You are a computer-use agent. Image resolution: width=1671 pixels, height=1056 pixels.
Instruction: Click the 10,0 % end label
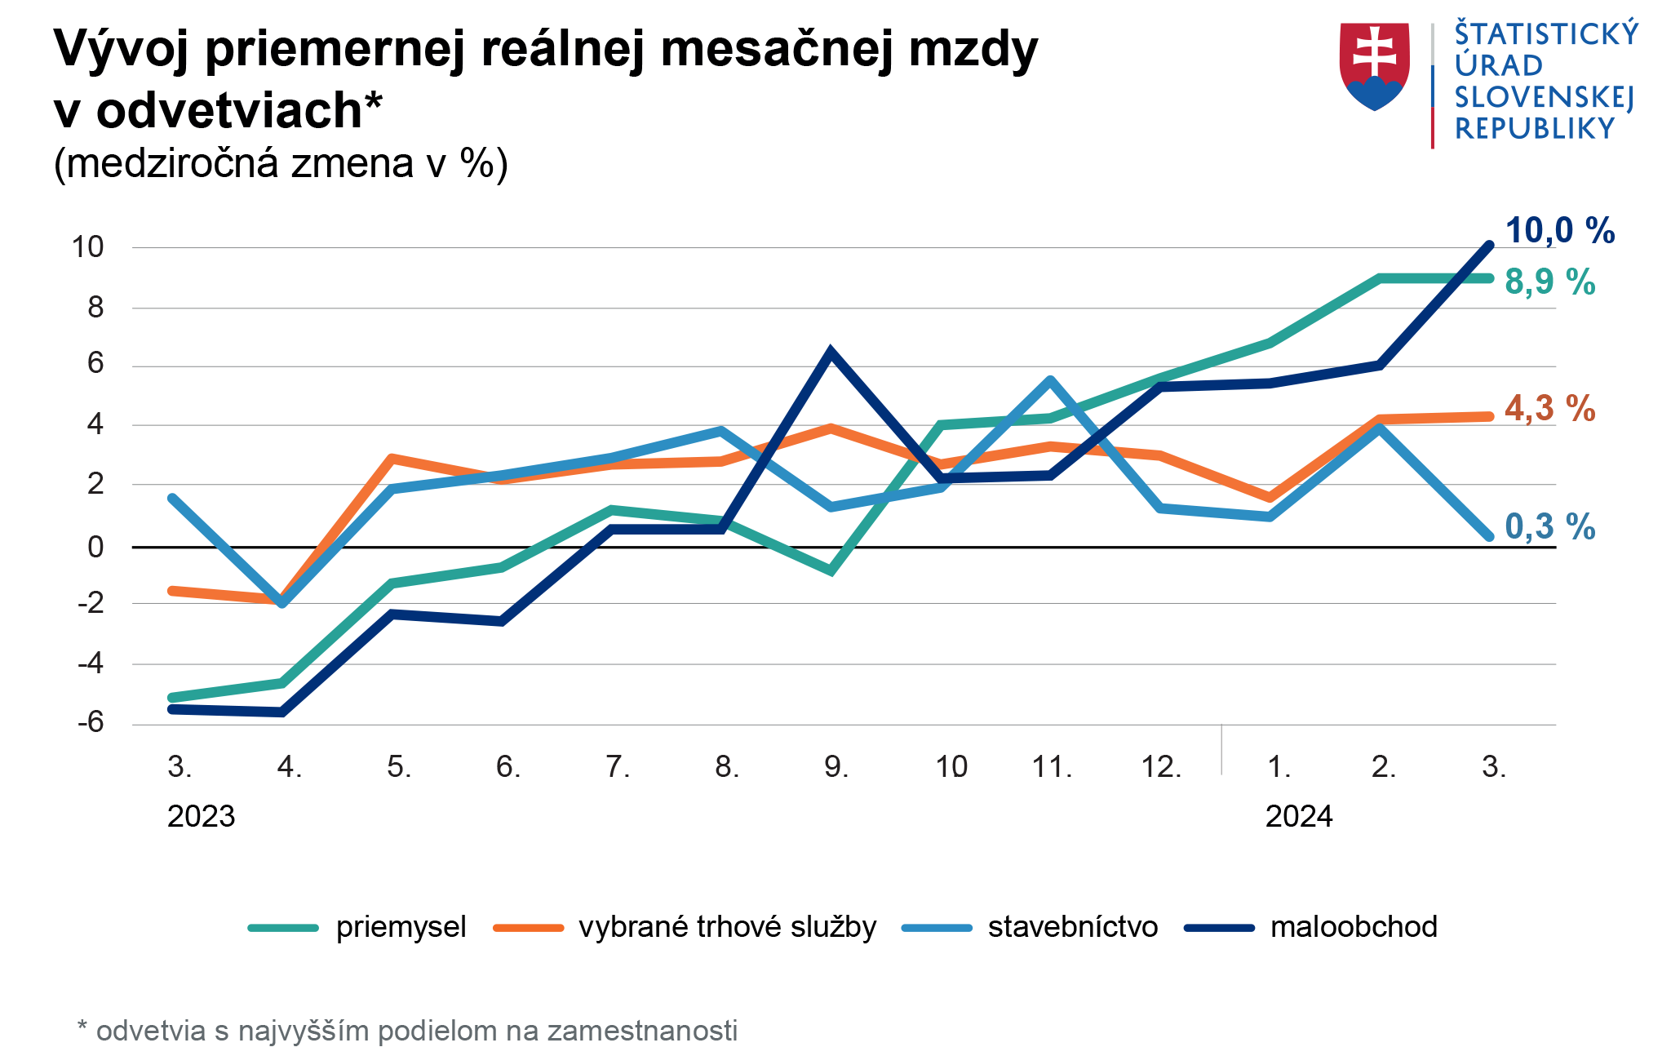(x=1559, y=231)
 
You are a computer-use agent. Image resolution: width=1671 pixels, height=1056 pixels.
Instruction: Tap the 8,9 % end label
(x=1549, y=282)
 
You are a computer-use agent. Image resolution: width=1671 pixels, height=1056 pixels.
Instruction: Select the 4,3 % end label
(x=1549, y=409)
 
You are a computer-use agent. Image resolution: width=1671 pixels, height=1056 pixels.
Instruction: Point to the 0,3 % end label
(x=1549, y=527)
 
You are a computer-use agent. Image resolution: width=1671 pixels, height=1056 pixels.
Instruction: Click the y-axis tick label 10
(x=88, y=247)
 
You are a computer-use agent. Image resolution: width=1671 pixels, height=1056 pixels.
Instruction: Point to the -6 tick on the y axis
(x=91, y=722)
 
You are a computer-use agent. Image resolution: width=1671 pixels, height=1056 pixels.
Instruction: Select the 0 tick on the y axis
(x=95, y=547)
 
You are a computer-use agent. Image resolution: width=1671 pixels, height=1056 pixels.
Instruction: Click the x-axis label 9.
(x=836, y=767)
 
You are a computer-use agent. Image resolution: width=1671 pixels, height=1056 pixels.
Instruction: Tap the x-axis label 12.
(x=1161, y=767)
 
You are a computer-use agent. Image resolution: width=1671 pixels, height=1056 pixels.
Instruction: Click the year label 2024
(x=1298, y=816)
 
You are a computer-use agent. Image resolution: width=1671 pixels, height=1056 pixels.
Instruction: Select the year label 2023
(x=201, y=816)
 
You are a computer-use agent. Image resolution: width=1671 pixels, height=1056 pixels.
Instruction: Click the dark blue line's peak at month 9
(x=831, y=352)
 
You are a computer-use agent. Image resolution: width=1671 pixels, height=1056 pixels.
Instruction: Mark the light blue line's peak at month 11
(x=1050, y=380)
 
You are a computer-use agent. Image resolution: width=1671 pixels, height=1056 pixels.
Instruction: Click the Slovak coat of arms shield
(x=1375, y=65)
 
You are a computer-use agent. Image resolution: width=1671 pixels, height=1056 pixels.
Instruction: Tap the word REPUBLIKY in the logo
(x=1535, y=129)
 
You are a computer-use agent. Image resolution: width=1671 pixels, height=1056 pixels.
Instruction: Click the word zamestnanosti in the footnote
(x=642, y=1031)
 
